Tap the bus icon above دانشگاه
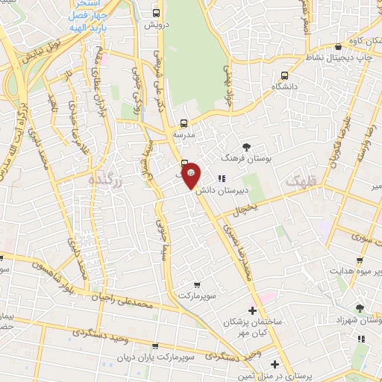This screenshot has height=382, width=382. [284, 75]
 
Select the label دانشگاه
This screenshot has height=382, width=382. [285, 87]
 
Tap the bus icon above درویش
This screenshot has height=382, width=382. [156, 13]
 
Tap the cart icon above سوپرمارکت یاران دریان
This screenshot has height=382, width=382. [155, 346]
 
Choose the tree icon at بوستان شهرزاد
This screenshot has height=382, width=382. [360, 307]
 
